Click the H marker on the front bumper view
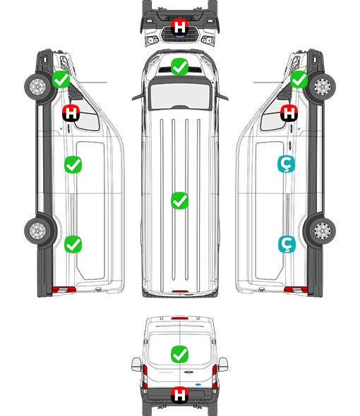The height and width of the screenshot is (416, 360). (x=179, y=27)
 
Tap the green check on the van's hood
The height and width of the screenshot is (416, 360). (x=179, y=66)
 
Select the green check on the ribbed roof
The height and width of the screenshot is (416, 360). (x=179, y=200)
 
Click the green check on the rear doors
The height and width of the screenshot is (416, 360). (x=179, y=354)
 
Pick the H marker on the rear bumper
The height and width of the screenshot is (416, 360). (x=179, y=395)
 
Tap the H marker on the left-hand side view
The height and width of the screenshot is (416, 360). (x=71, y=113)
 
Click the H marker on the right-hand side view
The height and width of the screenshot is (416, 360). (x=289, y=113)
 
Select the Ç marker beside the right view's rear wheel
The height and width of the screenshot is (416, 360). (x=287, y=244)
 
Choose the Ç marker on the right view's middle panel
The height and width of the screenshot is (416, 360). (x=286, y=164)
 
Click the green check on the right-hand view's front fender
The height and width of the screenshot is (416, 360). (x=299, y=80)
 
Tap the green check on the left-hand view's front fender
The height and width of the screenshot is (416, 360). (x=61, y=80)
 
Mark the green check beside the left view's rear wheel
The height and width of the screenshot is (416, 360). (x=73, y=244)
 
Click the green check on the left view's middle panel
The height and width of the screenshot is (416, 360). (x=73, y=165)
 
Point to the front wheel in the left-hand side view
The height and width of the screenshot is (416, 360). (x=37, y=87)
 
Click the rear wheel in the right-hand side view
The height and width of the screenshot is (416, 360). (x=323, y=231)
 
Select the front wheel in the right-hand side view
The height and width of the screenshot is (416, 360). (x=323, y=87)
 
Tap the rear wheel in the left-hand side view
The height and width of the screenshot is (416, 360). (x=37, y=231)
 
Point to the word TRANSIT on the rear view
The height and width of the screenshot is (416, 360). (x=166, y=373)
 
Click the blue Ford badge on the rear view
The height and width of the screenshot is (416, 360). (x=198, y=384)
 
